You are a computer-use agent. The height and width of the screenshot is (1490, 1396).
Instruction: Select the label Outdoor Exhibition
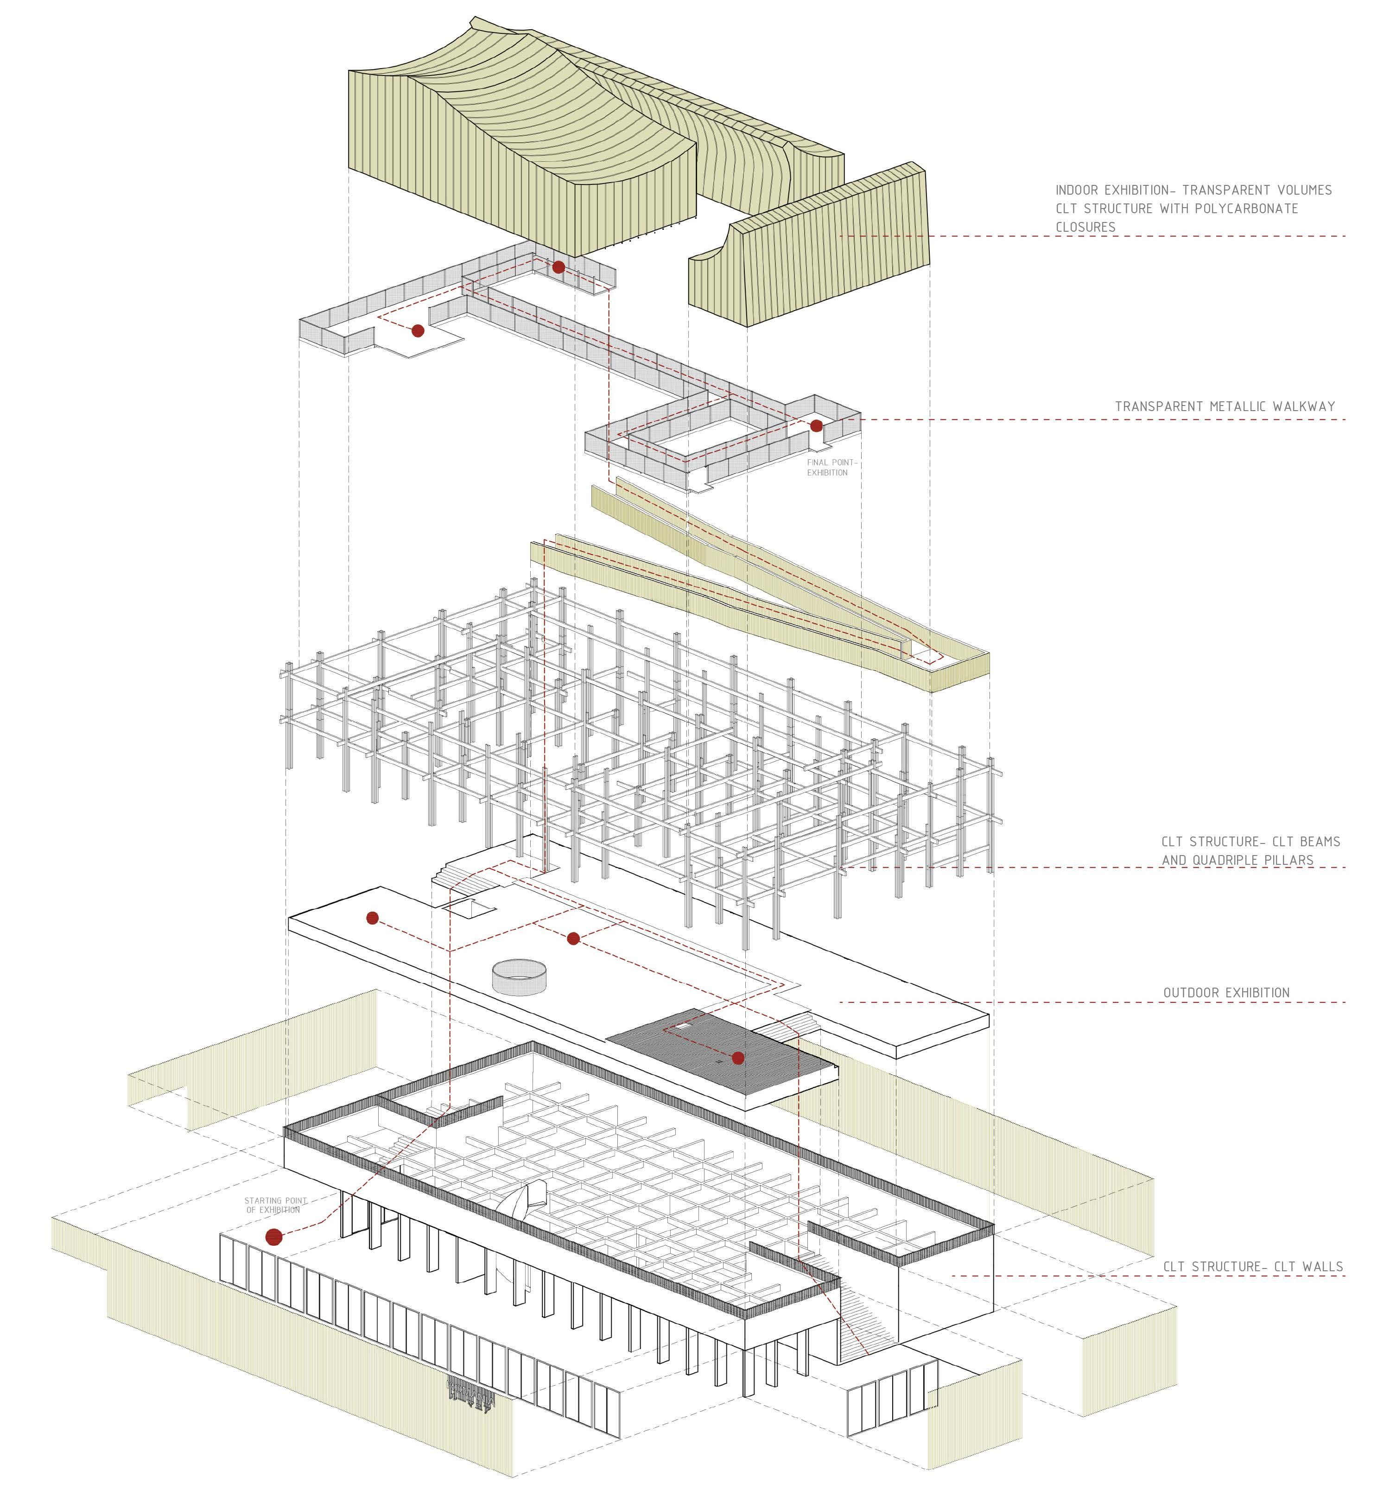coord(1226,993)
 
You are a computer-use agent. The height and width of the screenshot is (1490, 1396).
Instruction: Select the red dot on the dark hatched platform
coord(738,1058)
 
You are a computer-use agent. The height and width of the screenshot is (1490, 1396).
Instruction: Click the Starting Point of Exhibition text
coord(276,1205)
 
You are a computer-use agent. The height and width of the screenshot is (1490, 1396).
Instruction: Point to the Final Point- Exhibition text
coord(831,468)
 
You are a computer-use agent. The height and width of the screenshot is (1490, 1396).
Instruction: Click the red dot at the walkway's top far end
coord(558,267)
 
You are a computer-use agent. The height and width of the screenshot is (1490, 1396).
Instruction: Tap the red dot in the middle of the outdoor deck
coord(573,938)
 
